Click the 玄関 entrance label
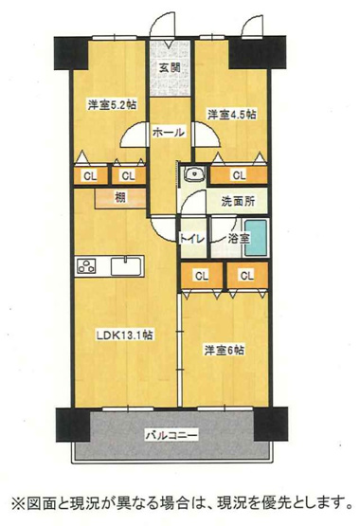pos(170,68)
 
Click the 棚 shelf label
pos(120,197)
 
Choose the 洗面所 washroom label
pos(237,201)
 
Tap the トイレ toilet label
pos(196,240)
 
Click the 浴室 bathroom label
pos(239,240)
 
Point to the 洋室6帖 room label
pos(224,350)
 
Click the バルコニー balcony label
pos(171,436)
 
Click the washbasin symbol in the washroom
pos(193,173)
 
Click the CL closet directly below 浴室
pos(245,275)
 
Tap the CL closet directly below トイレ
pos(200,275)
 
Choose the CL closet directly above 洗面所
pos(239,174)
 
